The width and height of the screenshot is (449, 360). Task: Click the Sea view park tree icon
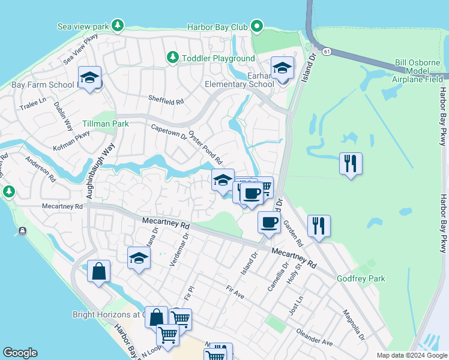(x=119, y=25)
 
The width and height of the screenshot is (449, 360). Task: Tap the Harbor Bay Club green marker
(x=257, y=26)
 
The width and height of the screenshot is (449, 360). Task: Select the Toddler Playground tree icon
(x=173, y=58)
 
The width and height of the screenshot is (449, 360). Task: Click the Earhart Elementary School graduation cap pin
(x=282, y=68)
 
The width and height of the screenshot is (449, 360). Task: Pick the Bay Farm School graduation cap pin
(x=89, y=77)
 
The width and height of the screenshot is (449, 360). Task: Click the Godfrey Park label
(x=360, y=278)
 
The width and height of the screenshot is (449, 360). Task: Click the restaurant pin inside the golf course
(x=351, y=163)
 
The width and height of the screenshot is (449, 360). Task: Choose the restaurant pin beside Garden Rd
(x=319, y=226)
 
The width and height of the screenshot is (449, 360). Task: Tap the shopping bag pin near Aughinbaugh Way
(x=98, y=271)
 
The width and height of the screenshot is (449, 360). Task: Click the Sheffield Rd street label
(x=166, y=101)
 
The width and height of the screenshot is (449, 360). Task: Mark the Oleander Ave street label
(x=314, y=337)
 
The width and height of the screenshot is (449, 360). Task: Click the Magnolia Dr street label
(x=354, y=325)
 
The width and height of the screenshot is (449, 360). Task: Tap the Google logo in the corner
(x=19, y=353)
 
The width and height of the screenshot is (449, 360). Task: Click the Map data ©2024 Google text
(x=411, y=355)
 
